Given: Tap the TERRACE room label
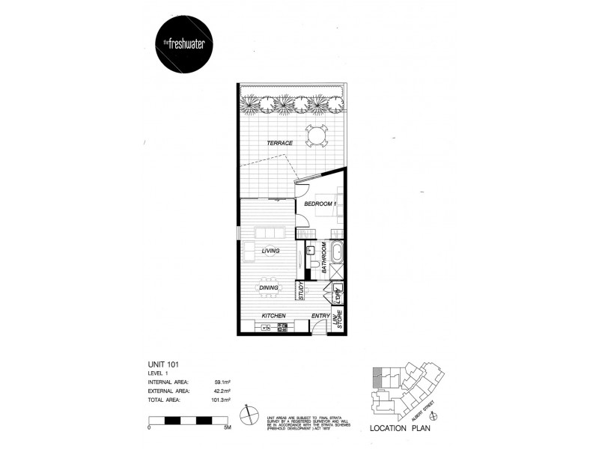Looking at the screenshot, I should coord(278,143).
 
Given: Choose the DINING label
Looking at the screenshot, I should coord(269,287).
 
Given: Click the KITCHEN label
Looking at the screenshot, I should coord(272,317).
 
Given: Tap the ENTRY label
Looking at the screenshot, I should coord(320,317).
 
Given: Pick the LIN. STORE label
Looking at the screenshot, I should coord(338,320).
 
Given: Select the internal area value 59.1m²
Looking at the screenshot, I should coord(222,382).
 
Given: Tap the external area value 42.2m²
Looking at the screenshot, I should coord(222,391).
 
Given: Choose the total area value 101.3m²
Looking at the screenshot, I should coord(220,400).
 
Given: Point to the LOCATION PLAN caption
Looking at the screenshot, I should coord(399,429).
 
